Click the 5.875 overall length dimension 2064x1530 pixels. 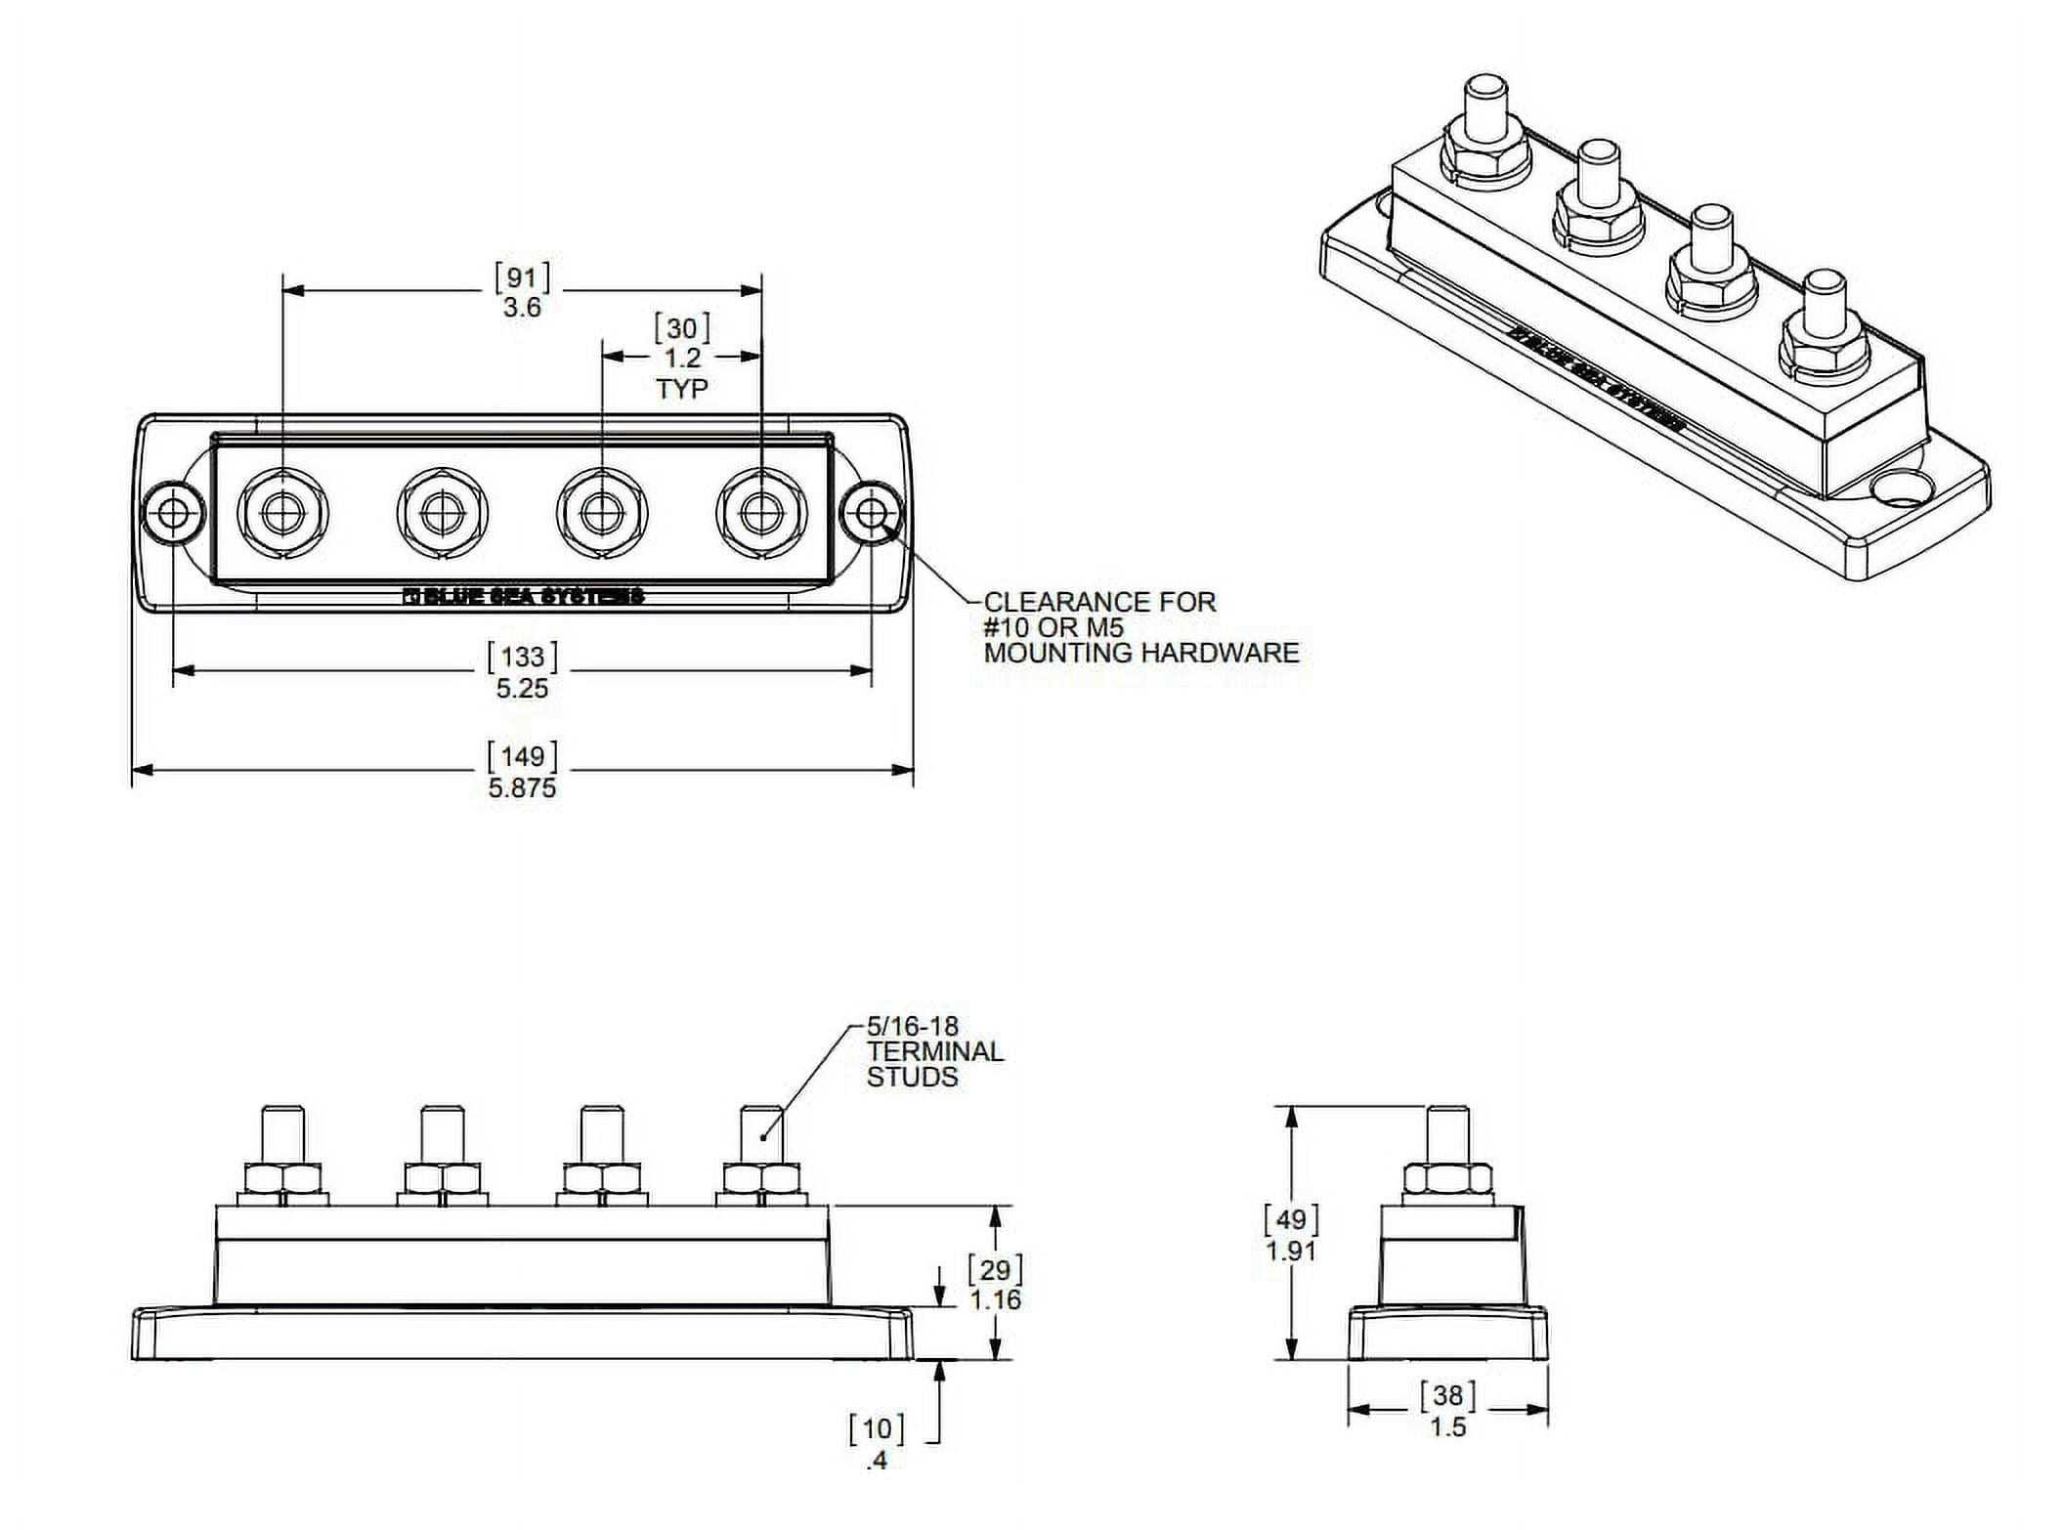coord(522,787)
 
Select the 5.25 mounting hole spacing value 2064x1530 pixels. coord(522,688)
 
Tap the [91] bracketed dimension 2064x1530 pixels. coord(522,277)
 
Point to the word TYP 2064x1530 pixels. coord(681,389)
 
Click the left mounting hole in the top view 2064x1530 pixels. coord(174,512)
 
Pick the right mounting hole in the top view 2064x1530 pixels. coord(872,512)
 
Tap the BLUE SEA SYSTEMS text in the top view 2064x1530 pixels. coord(524,596)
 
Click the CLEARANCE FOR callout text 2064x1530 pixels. coord(1099,602)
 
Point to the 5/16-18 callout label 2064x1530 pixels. coord(913,1026)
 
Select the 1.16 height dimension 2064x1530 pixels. coord(995,1299)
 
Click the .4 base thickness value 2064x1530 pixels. coord(877,1460)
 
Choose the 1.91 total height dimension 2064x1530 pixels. coord(1291,1251)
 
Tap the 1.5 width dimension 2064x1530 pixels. coord(1447,1427)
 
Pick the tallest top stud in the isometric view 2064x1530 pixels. coord(1485,107)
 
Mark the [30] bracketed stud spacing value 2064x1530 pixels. coord(681,328)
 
